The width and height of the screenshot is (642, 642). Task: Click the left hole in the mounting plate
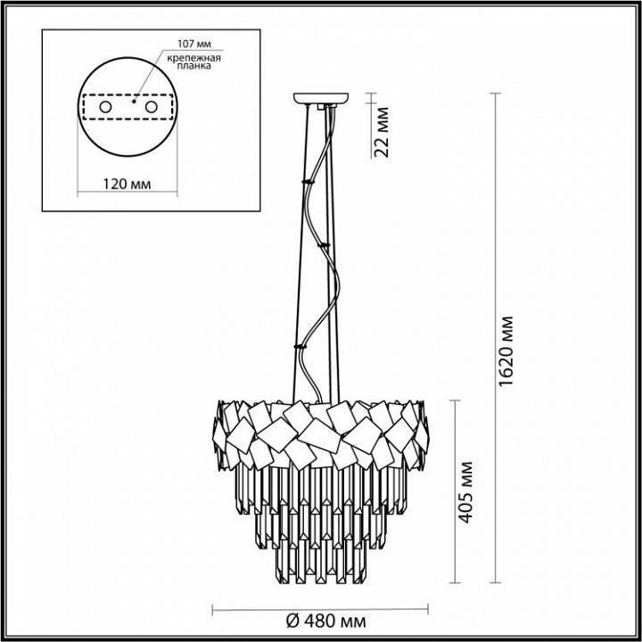106,108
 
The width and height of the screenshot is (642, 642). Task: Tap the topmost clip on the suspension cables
308,181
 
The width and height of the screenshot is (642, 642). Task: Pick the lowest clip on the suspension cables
298,345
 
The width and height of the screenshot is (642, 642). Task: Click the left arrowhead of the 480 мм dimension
214,610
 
